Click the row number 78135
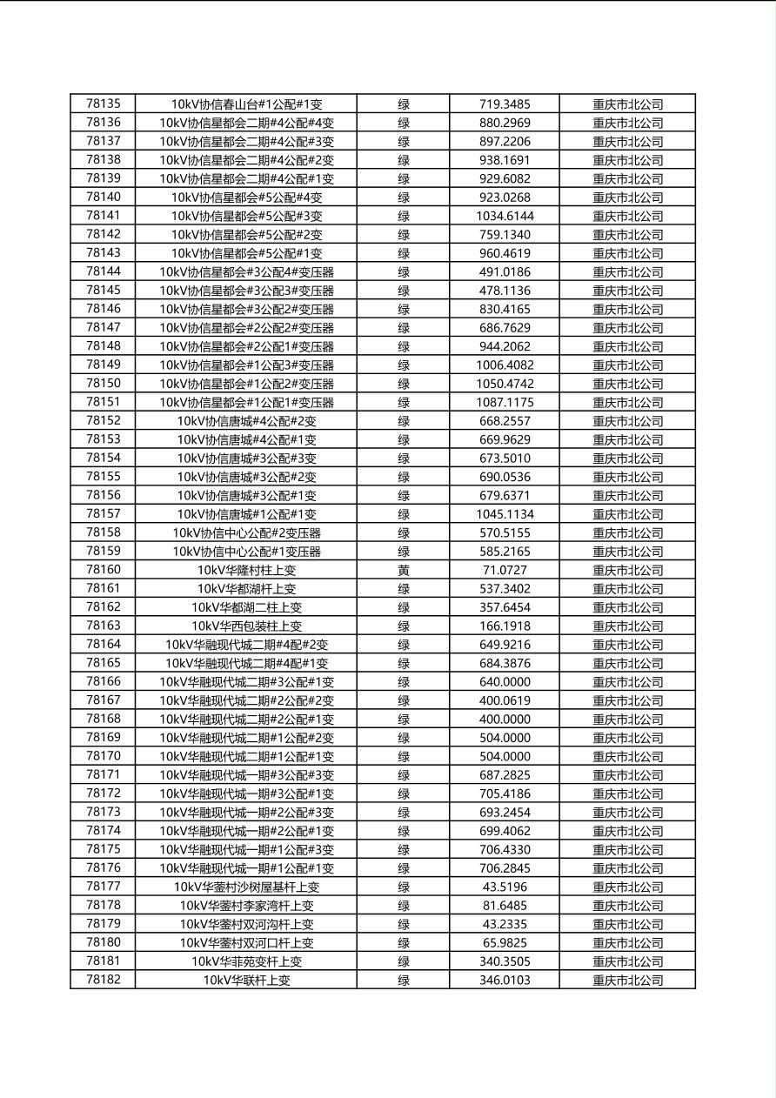point(104,104)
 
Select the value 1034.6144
point(505,216)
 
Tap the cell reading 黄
point(404,571)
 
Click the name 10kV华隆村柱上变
point(246,571)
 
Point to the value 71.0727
point(505,571)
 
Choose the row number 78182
point(104,980)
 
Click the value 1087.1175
point(505,403)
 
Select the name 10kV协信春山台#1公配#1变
point(246,104)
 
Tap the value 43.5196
point(505,887)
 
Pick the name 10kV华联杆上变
point(246,981)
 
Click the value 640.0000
point(505,682)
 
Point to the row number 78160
point(104,570)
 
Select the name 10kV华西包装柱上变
point(246,626)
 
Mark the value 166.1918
point(505,626)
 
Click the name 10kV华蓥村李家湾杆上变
point(246,906)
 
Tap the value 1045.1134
point(505,514)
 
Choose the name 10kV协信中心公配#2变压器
point(246,533)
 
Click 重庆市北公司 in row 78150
point(627,384)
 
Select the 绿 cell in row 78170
point(404,757)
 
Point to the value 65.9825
point(505,943)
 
